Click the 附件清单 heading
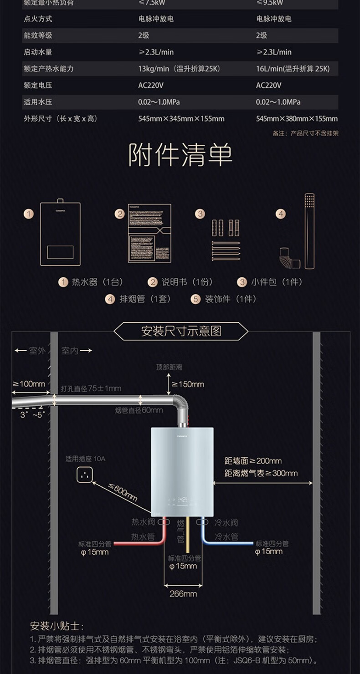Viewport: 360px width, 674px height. pyautogui.click(x=180, y=156)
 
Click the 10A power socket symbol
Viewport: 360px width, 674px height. pyautogui.click(x=85, y=475)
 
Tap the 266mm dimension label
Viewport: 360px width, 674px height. pyautogui.click(x=183, y=593)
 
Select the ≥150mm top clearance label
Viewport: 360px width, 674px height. pyautogui.click(x=188, y=384)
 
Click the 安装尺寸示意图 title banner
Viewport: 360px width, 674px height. pyautogui.click(x=180, y=331)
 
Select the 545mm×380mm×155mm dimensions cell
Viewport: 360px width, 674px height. pyautogui.click(x=297, y=119)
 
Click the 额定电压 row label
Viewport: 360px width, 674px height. pyautogui.click(x=38, y=85)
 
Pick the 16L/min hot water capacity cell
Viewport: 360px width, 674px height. pyautogui.click(x=293, y=69)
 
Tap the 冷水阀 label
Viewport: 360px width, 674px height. pyautogui.click(x=226, y=522)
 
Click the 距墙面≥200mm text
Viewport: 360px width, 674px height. pyautogui.click(x=253, y=461)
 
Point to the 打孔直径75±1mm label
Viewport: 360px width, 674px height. pyautogui.click(x=91, y=388)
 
